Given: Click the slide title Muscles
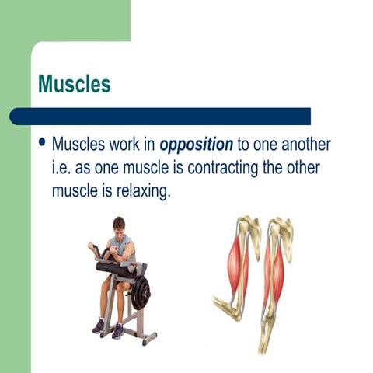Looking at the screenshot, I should [75, 84].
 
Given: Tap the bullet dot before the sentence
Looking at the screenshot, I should [42, 144].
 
